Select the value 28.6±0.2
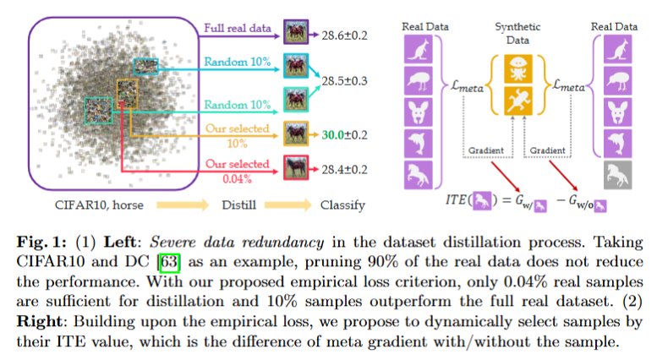coord(345,34)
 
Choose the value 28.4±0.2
coord(345,169)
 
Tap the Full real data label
coord(238,29)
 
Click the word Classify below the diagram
coord(343,205)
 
